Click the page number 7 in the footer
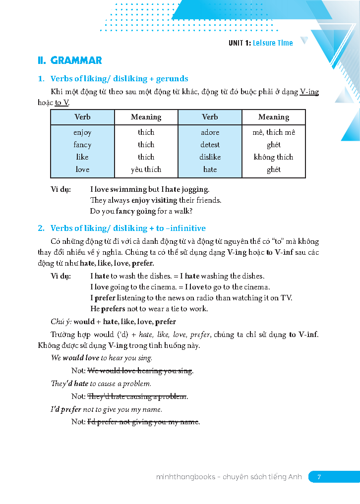(x=319, y=477)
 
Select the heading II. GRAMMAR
(x=70, y=60)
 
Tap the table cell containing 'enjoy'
(x=82, y=132)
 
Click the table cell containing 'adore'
(x=210, y=132)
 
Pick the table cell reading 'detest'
(x=210, y=145)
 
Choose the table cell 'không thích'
(x=273, y=157)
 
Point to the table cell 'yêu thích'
(x=146, y=169)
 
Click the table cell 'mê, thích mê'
(x=273, y=132)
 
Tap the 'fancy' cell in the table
(x=82, y=145)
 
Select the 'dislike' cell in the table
(x=210, y=157)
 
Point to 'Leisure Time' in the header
(x=273, y=43)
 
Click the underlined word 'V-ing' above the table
(x=309, y=92)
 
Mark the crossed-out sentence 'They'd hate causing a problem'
(x=137, y=396)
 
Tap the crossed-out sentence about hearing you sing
(x=140, y=371)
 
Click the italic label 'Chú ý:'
(x=61, y=322)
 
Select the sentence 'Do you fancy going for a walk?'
(x=141, y=211)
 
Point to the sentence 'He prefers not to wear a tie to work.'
(x=149, y=309)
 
